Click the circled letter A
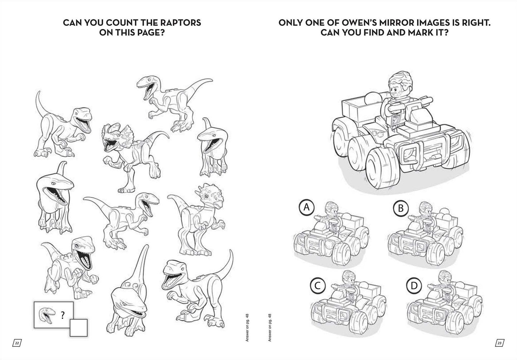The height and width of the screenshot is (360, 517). [x=306, y=208]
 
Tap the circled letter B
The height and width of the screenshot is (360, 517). [x=401, y=208]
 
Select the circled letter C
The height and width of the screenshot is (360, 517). [x=318, y=286]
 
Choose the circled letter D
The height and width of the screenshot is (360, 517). [x=414, y=286]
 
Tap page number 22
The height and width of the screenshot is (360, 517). [x=17, y=343]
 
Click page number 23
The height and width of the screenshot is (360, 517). [x=499, y=343]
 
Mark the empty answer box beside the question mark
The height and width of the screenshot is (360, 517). [x=78, y=328]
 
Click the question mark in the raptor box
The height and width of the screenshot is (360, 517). [x=62, y=315]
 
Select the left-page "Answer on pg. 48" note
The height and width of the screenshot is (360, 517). [x=247, y=327]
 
